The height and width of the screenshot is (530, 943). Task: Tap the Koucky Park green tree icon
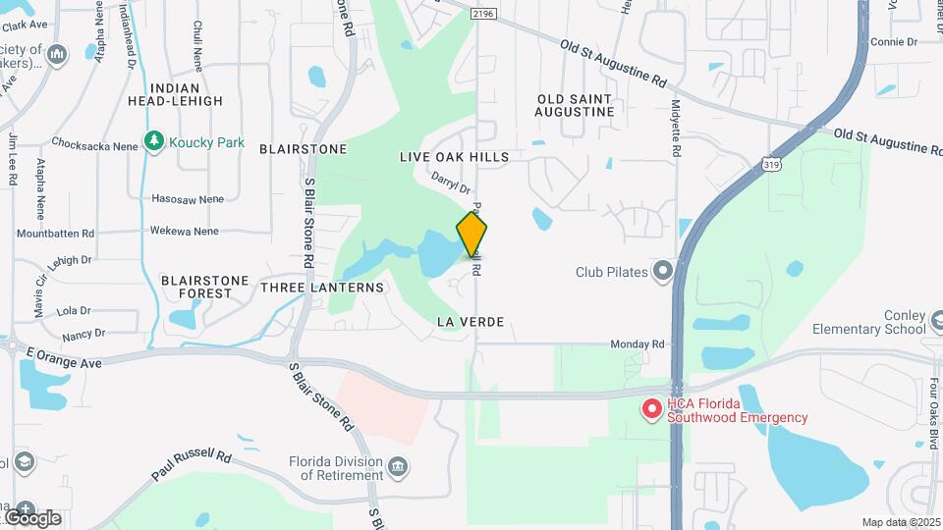point(153,142)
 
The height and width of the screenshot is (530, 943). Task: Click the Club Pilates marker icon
point(663,270)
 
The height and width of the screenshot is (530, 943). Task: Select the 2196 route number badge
point(482,14)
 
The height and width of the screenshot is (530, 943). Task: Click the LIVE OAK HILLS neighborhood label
point(454,157)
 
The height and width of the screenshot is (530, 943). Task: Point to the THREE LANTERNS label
point(322,288)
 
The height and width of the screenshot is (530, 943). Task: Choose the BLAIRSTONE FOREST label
point(205,287)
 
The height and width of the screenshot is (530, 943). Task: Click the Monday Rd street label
point(638,344)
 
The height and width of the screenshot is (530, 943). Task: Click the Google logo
point(31,517)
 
